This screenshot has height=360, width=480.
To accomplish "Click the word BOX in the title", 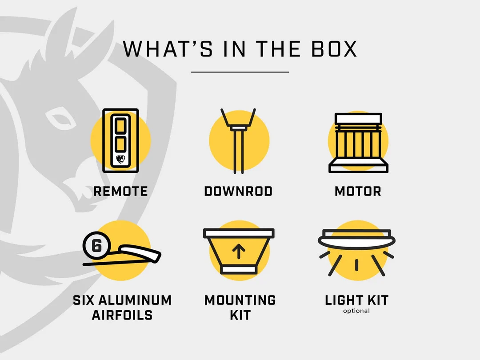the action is tap(334, 49).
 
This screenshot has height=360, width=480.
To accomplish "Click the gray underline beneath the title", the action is tap(240, 72).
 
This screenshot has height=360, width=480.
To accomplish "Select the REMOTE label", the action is tap(120, 191).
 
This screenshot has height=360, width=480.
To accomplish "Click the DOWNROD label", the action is tap(239, 191).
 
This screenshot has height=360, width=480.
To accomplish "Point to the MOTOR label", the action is tap(358, 191).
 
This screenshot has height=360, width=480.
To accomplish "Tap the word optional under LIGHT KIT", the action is tap(356, 311).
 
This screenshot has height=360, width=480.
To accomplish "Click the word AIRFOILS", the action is tap(122, 315).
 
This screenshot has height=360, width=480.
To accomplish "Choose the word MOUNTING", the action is tap(240, 300).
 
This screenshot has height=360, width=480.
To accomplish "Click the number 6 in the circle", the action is tap(96, 245).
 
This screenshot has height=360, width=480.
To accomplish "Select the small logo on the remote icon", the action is tap(120, 159).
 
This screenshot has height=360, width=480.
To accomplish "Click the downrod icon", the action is tap(238, 141).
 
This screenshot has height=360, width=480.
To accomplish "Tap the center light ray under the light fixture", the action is tap(356, 265).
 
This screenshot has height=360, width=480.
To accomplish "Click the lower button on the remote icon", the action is tap(120, 144).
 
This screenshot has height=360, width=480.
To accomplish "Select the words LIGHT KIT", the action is tap(356, 300).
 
